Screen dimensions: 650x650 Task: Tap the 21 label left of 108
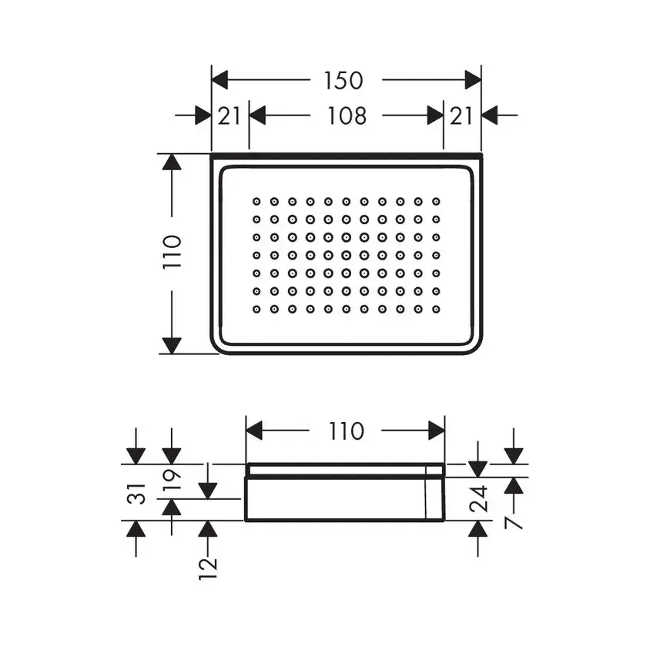[230, 116]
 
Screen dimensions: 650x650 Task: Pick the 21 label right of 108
[461, 116]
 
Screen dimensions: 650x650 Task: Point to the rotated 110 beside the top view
[172, 252]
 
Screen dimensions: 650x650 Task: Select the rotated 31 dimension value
[136, 492]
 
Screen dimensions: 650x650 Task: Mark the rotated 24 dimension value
[479, 500]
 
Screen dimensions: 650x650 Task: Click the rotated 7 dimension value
[514, 523]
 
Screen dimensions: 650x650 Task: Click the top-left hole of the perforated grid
[256, 201]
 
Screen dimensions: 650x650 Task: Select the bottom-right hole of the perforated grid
[436, 309]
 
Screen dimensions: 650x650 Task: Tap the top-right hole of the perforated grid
[436, 201]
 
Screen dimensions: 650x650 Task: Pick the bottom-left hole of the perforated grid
[256, 309]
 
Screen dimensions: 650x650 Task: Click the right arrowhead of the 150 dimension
[472, 79]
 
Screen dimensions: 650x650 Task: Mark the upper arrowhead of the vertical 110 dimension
[172, 162]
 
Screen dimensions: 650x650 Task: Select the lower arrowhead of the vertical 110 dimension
[172, 345]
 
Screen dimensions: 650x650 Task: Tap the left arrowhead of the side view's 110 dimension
[255, 431]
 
